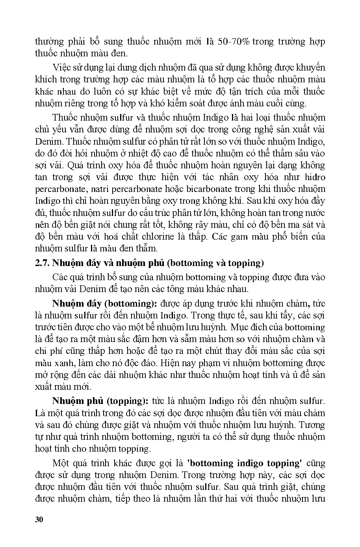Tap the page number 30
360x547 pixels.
39,519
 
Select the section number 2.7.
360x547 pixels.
43,263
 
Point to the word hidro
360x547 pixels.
315,177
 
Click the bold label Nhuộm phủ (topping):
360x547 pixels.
100,401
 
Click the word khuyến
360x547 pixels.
310,68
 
